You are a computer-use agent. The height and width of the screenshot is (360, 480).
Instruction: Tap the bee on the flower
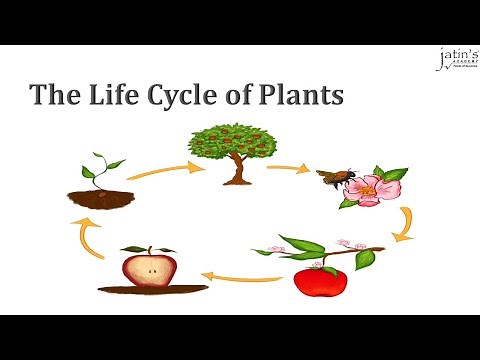pyautogui.click(x=332, y=178)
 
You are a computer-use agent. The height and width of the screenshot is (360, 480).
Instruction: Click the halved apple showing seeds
pyautogui.click(x=150, y=268)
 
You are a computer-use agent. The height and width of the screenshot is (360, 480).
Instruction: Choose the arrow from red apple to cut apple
pyautogui.click(x=240, y=277)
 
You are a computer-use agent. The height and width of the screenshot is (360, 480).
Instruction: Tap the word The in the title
pyautogui.click(x=50, y=96)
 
